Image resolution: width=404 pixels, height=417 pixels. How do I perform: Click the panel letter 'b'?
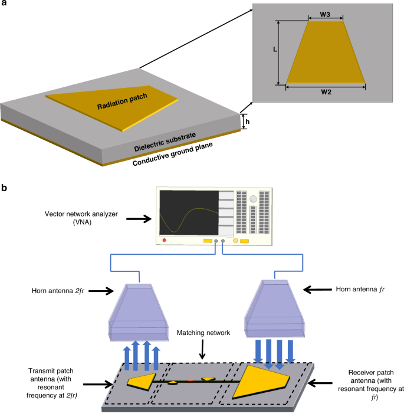[5, 189]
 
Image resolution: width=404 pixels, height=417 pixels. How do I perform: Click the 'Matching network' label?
[202, 334]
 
